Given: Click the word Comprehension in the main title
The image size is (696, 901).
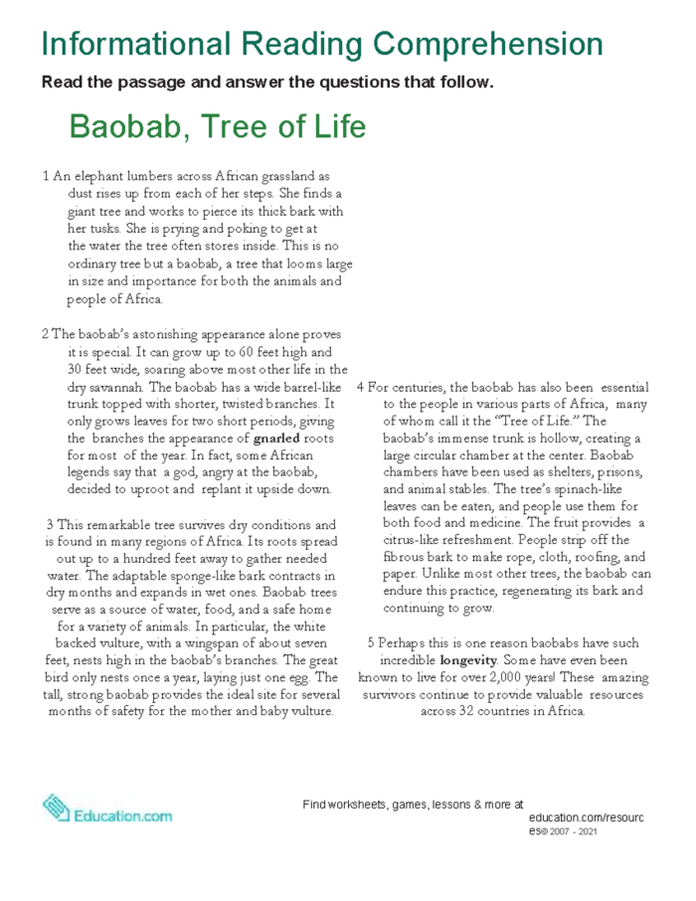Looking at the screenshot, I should [x=486, y=44].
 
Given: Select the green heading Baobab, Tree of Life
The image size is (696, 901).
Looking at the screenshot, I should [x=218, y=127].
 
